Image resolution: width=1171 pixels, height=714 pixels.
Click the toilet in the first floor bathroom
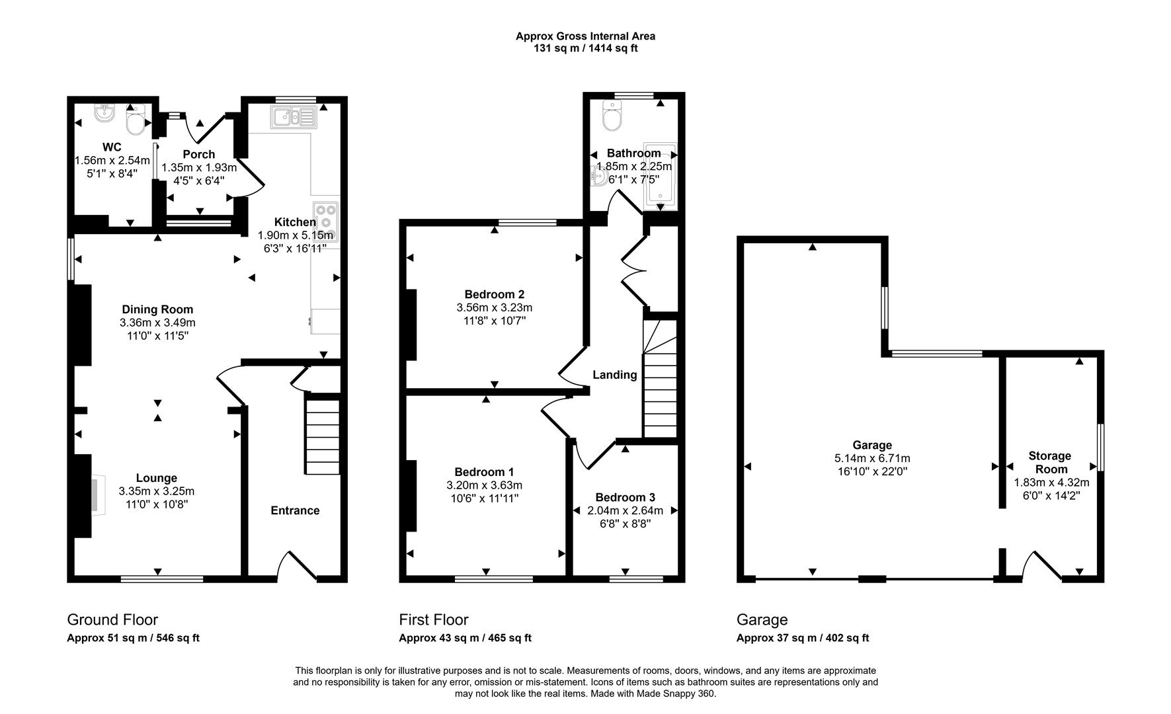[612, 116]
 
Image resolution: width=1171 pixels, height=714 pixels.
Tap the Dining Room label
[157, 309]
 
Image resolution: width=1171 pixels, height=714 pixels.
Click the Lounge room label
[157, 478]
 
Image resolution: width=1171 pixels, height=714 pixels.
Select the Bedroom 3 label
[625, 498]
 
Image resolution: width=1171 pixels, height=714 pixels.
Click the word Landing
[615, 375]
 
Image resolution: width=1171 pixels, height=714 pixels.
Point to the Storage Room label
[1050, 462]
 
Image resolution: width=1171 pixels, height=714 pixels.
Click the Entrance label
[295, 510]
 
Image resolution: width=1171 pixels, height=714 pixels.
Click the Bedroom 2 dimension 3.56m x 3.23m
[495, 307]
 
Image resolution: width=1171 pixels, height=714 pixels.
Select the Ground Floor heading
[112, 620]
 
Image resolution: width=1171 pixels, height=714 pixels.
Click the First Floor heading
[434, 620]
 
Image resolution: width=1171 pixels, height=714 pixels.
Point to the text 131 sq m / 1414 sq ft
[586, 48]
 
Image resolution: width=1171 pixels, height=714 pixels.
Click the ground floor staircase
[323, 436]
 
